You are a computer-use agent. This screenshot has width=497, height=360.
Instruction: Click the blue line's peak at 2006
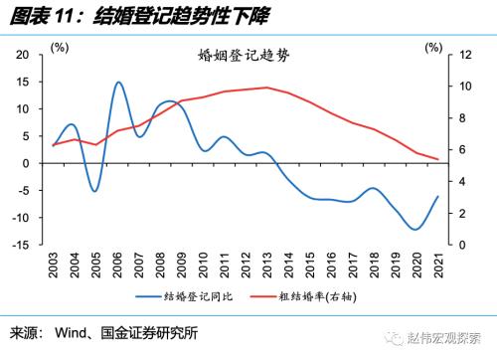click(118, 82)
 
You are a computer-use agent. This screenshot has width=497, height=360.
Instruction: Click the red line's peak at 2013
click(267, 88)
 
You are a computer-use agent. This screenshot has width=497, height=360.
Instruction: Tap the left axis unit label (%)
click(60, 47)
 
